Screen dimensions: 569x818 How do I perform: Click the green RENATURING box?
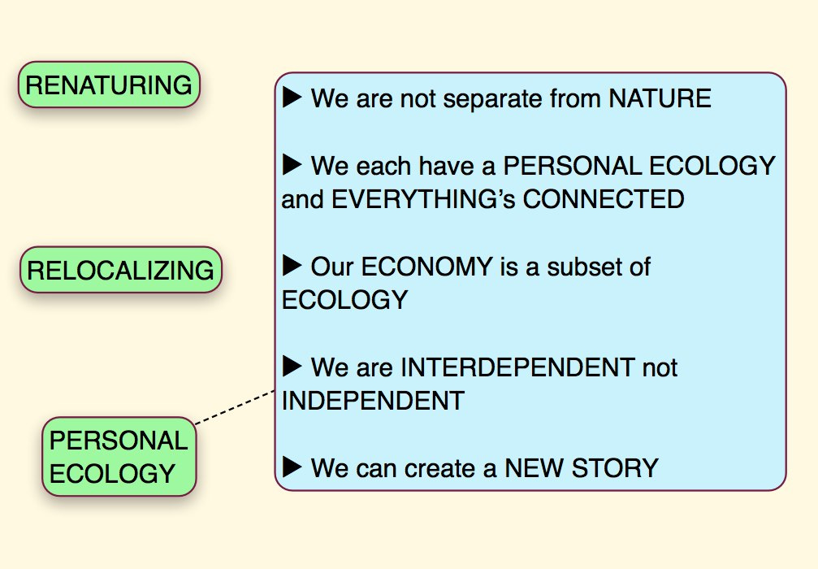tap(110, 85)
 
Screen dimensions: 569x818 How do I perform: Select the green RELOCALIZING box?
tap(121, 270)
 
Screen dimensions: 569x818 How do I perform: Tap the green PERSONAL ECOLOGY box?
tap(119, 457)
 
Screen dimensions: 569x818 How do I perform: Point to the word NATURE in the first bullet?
tap(660, 99)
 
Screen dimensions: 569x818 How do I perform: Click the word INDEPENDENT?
tap(373, 401)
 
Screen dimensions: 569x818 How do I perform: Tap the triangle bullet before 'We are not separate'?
tap(292, 98)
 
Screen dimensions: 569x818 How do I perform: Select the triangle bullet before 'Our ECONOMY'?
tap(292, 265)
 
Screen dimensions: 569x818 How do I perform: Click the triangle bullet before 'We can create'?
tap(292, 467)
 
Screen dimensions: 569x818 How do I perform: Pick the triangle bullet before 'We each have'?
tap(292, 165)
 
